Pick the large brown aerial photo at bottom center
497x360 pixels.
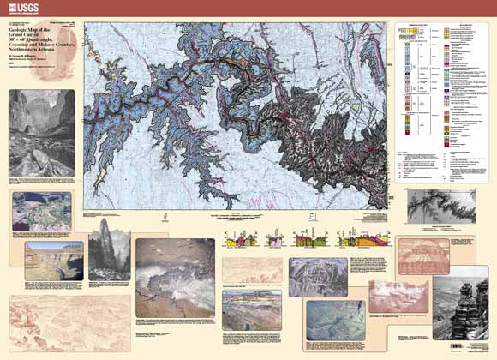tap(177, 283)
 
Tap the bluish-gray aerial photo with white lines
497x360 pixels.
tap(318, 276)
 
